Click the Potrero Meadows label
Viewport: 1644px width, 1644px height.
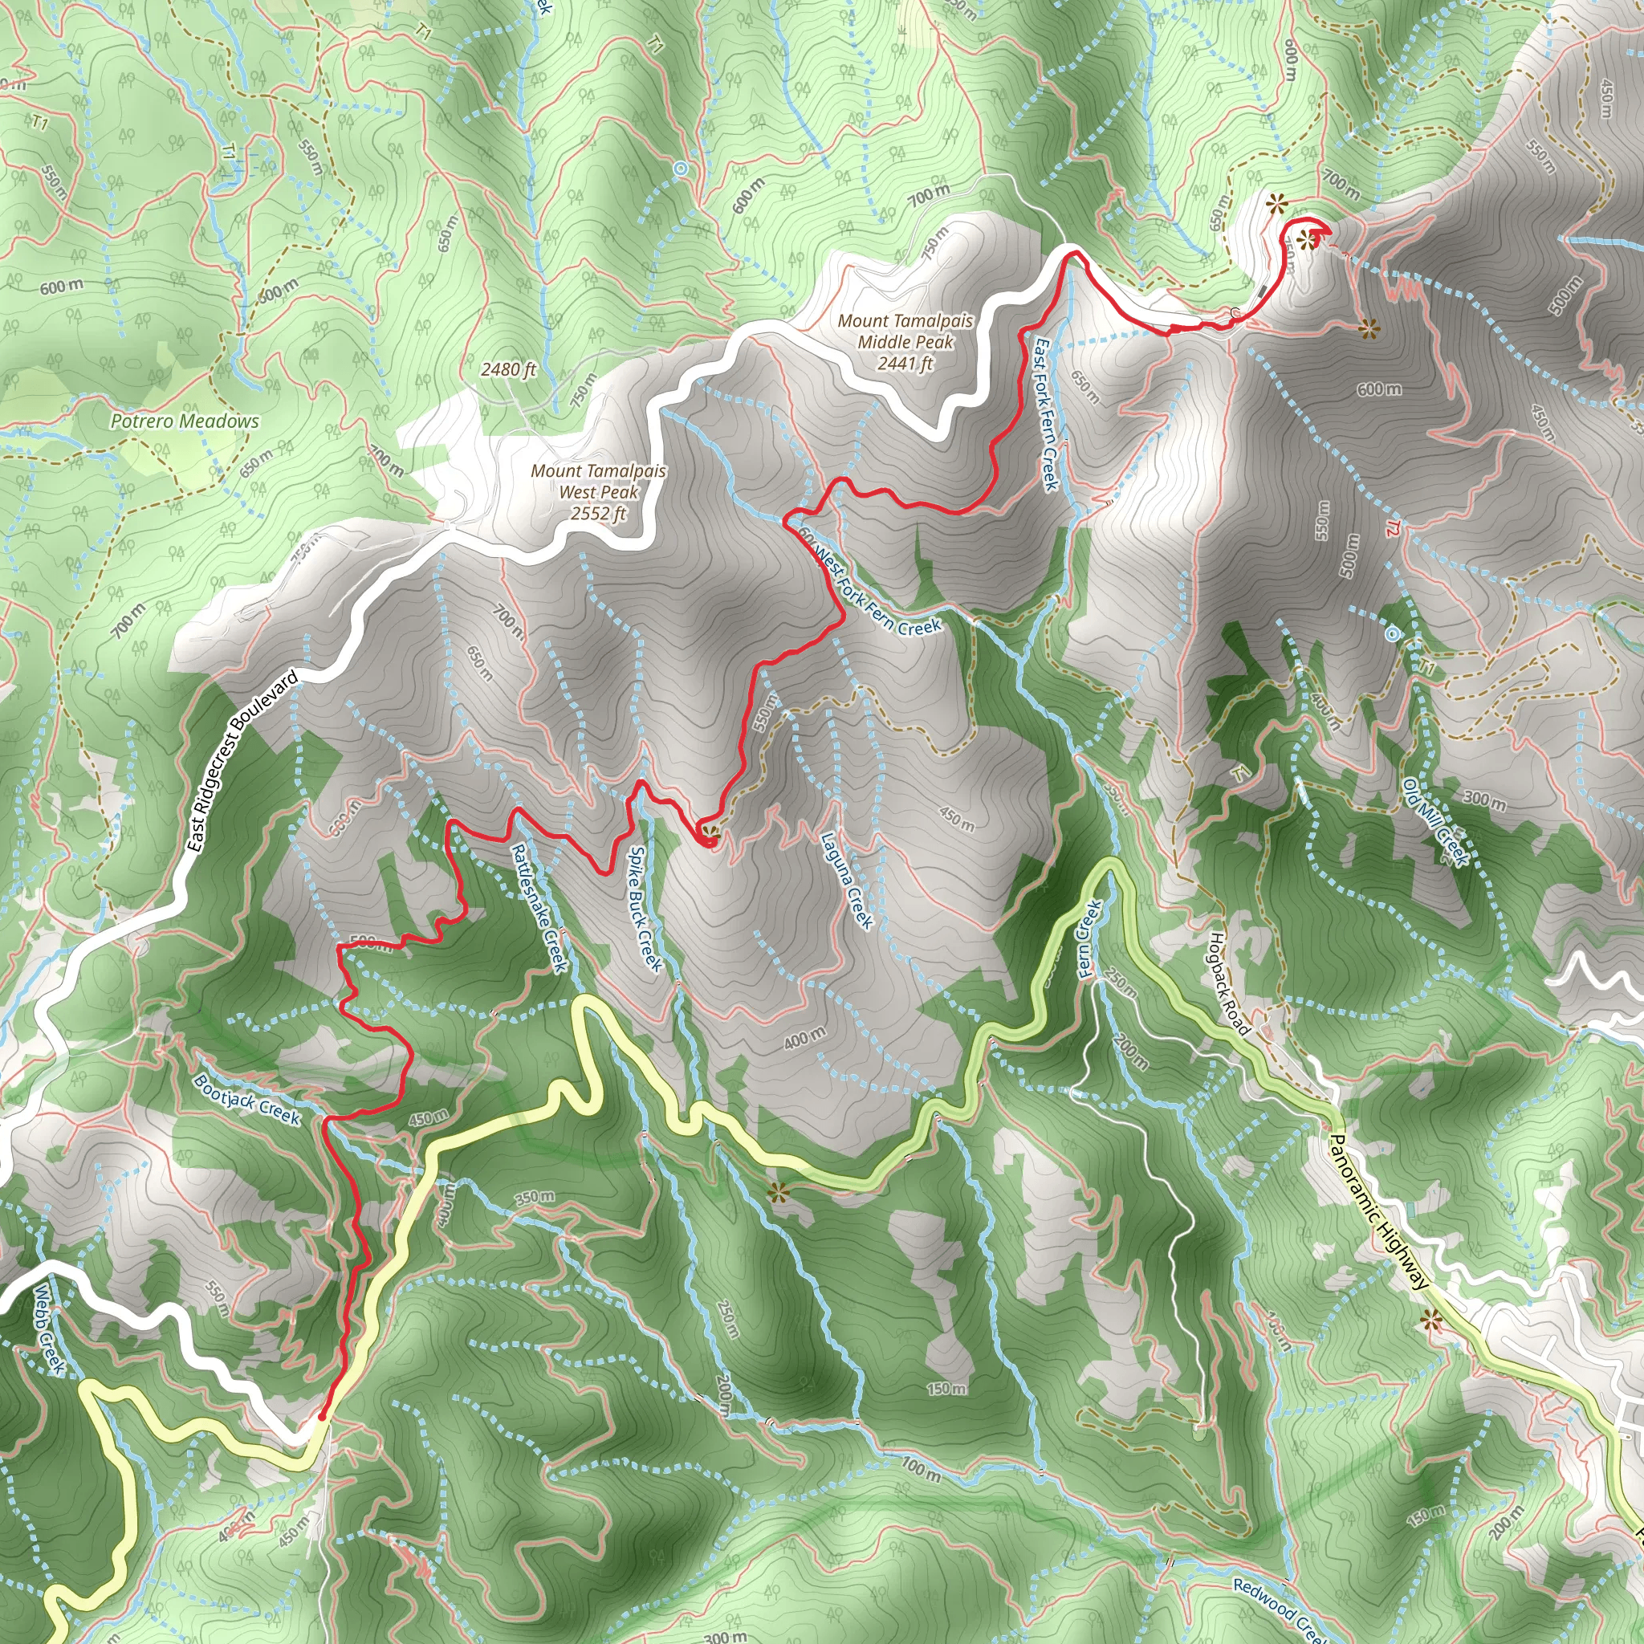tap(185, 421)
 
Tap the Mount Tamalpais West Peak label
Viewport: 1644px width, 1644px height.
tap(598, 492)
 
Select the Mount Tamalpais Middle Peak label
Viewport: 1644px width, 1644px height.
tap(905, 342)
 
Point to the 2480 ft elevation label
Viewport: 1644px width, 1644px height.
tap(508, 369)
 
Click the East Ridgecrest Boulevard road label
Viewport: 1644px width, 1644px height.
tap(242, 761)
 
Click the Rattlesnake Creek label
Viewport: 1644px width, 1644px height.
tap(539, 907)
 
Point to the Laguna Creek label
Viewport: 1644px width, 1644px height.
tap(847, 881)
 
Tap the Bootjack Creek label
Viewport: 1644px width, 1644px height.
tap(246, 1100)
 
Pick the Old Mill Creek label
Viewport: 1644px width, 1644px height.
tap(1436, 822)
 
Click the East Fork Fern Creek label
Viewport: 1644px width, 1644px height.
tap(1046, 414)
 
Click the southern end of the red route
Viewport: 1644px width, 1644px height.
tap(322, 1416)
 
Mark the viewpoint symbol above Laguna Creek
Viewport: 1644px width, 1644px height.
tap(707, 832)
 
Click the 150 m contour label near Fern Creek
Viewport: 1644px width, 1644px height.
tap(946, 1390)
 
